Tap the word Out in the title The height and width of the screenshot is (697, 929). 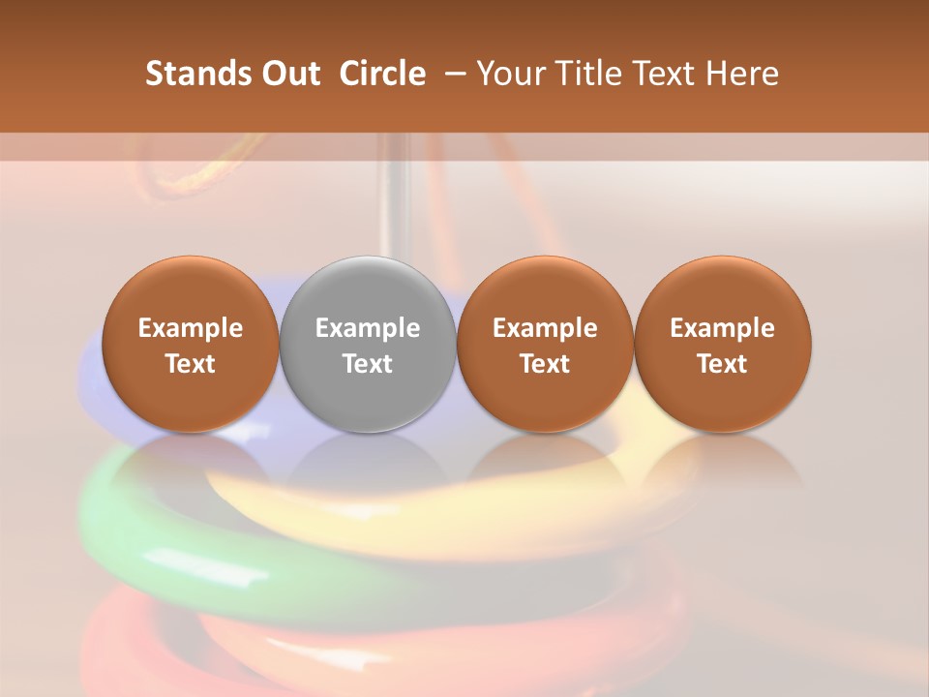click(x=289, y=74)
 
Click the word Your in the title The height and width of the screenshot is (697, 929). click(x=511, y=74)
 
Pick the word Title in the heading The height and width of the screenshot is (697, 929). click(x=589, y=74)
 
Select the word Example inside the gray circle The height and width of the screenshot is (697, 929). click(x=368, y=328)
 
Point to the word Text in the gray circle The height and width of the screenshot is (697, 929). click(x=368, y=364)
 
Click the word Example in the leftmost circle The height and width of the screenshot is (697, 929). click(x=191, y=328)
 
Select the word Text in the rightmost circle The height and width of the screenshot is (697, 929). click(x=722, y=364)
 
